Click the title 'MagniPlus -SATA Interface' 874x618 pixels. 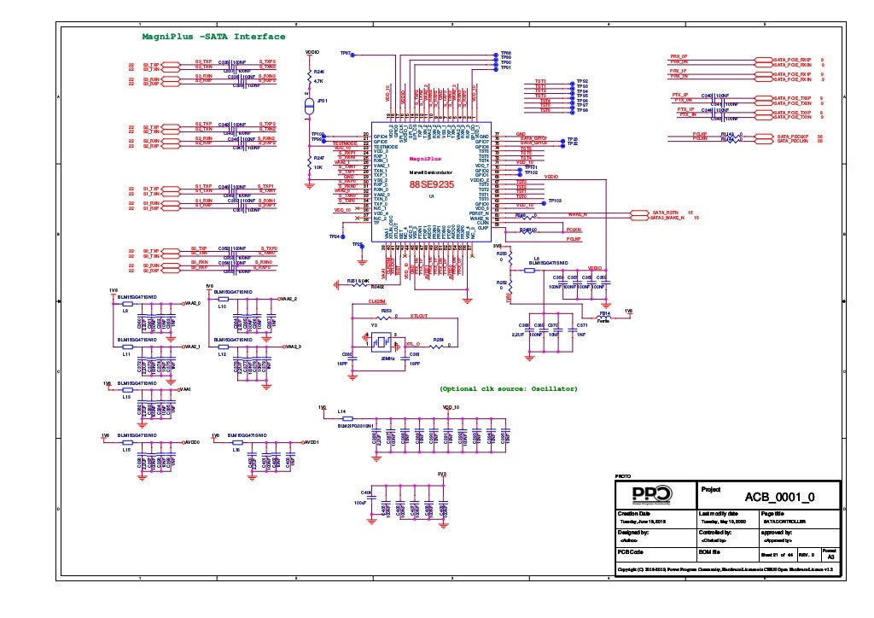[213, 37]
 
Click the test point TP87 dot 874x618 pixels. [358, 54]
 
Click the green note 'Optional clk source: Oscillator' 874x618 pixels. [509, 388]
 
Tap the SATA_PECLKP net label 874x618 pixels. [792, 135]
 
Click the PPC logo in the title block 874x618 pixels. [652, 496]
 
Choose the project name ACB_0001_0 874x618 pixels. [779, 497]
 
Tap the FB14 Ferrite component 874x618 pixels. [605, 318]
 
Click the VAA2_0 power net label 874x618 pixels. [192, 302]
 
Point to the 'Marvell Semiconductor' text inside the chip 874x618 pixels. [430, 173]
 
